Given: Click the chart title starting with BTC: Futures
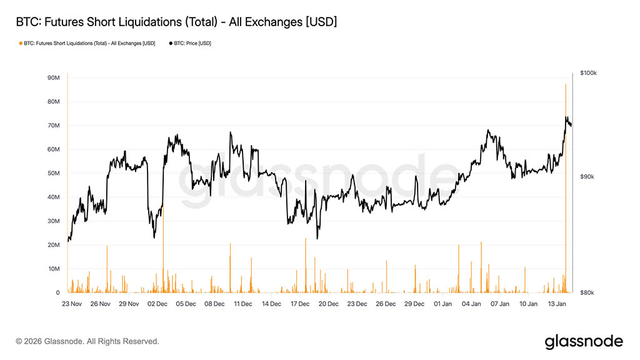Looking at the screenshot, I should pyautogui.click(x=176, y=22).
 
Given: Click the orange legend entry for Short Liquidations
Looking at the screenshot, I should pyautogui.click(x=88, y=43).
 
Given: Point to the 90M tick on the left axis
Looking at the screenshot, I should pyautogui.click(x=53, y=78).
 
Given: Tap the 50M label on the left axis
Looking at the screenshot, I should pyautogui.click(x=53, y=173).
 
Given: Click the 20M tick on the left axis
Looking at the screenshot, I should pyautogui.click(x=53, y=245).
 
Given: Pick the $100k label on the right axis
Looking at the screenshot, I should pyautogui.click(x=588, y=73).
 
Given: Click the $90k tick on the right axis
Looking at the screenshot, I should pyautogui.click(x=587, y=177).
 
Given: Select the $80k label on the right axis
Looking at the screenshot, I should pyautogui.click(x=587, y=292).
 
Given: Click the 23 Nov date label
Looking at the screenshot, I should pyautogui.click(x=72, y=304).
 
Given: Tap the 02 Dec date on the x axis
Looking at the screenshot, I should pyautogui.click(x=157, y=304).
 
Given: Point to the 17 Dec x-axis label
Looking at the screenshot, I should pyautogui.click(x=300, y=304).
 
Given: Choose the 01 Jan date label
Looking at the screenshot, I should pyautogui.click(x=442, y=304).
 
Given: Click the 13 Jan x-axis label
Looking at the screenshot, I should pyautogui.click(x=557, y=304).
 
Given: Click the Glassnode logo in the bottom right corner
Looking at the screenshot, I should pyautogui.click(x=584, y=341).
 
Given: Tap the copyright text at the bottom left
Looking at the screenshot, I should pyautogui.click(x=87, y=341).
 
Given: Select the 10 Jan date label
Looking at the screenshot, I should pyautogui.click(x=528, y=304).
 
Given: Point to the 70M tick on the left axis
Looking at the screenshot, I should pyautogui.click(x=53, y=126).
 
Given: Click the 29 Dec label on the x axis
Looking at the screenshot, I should pyautogui.click(x=414, y=304).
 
